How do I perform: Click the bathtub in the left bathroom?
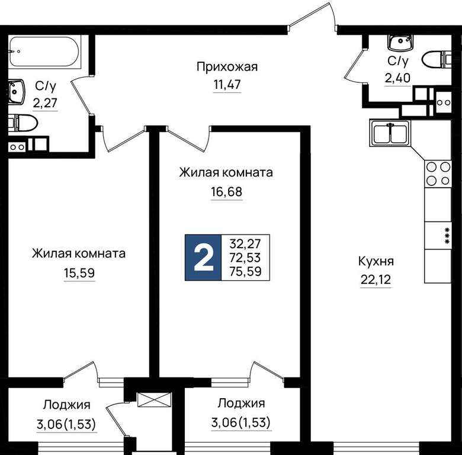point(44,52)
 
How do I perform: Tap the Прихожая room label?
point(227,67)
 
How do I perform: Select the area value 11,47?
point(227,85)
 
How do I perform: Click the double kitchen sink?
point(390,133)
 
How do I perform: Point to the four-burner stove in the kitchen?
point(438,174)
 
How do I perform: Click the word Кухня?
point(376,261)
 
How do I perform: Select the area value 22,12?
point(376,280)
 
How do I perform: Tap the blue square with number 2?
point(203,257)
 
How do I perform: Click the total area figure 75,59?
point(245,271)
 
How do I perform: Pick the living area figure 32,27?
point(245,243)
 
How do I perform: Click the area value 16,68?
point(227,192)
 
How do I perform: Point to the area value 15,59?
point(79,273)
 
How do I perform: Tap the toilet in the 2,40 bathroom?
point(437,60)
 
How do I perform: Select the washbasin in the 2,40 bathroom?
point(400,43)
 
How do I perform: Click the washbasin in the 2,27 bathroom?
point(16,92)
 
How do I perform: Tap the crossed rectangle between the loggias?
point(155,399)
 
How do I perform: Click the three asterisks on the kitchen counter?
point(447,236)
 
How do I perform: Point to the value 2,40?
point(397,78)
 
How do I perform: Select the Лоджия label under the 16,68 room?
point(241,403)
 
